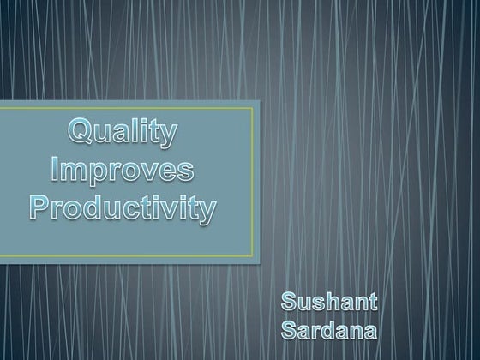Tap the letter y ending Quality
[168, 138]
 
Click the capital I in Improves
[56, 170]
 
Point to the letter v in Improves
[150, 172]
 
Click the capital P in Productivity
[41, 205]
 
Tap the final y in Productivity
[205, 211]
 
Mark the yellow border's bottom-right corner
[253, 255]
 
